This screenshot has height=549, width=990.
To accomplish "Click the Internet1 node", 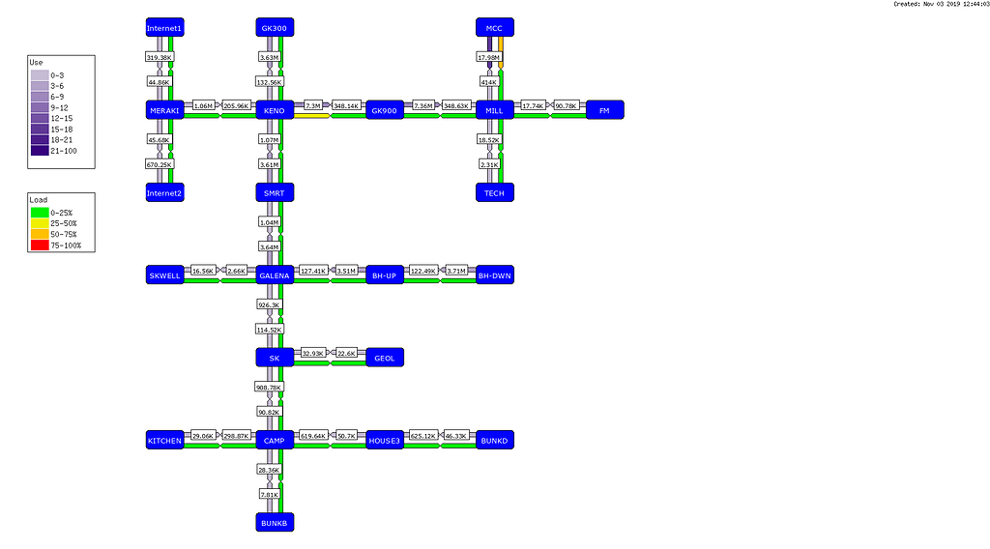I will pyautogui.click(x=164, y=28).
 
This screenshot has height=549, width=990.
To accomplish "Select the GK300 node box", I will pyautogui.click(x=275, y=28).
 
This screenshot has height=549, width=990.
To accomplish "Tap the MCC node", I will pyautogui.click(x=494, y=28).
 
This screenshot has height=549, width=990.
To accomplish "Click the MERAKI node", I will pyautogui.click(x=164, y=110).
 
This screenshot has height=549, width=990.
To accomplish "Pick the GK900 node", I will pyautogui.click(x=385, y=110).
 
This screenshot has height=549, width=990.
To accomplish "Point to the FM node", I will pyautogui.click(x=604, y=110).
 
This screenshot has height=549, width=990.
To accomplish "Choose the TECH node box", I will pyautogui.click(x=494, y=193).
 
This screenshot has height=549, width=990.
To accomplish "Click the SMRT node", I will pyautogui.click(x=275, y=193).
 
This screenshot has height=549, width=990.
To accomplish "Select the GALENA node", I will pyautogui.click(x=275, y=275).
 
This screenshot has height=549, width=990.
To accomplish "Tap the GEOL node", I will pyautogui.click(x=385, y=358).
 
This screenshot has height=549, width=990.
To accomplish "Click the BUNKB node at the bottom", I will pyautogui.click(x=275, y=522).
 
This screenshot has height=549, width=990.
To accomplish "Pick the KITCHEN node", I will pyautogui.click(x=164, y=441).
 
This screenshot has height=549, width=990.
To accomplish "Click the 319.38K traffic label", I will pyautogui.click(x=159, y=58).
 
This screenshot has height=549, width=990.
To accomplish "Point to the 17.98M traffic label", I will pyautogui.click(x=488, y=58).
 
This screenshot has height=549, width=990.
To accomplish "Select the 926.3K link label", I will pyautogui.click(x=269, y=304).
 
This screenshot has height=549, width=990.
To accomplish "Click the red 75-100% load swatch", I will pyautogui.click(x=40, y=246).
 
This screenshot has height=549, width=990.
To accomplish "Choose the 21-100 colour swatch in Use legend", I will pyautogui.click(x=40, y=150).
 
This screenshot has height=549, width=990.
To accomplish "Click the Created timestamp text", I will pyautogui.click(x=937, y=5).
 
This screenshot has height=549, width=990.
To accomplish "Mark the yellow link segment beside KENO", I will pyautogui.click(x=311, y=116).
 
